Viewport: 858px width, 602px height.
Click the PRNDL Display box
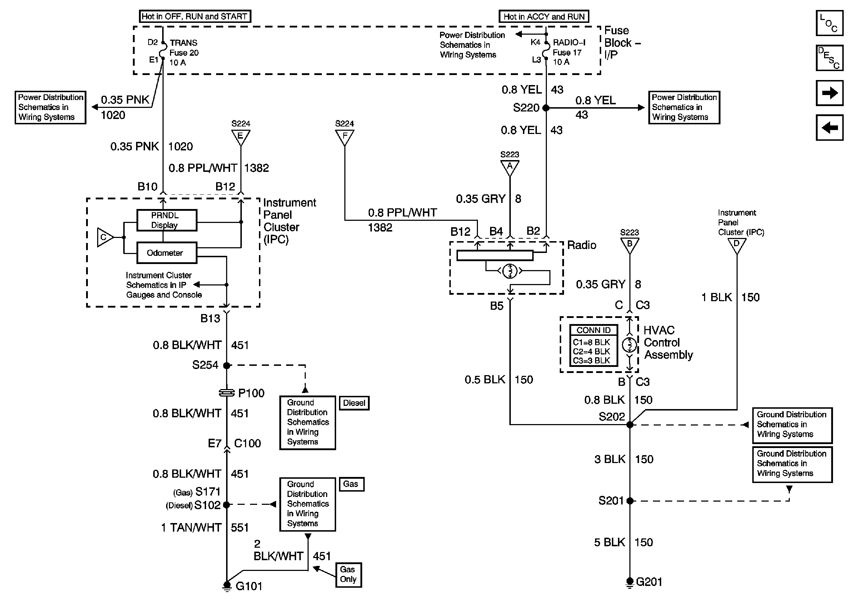pyautogui.click(x=167, y=220)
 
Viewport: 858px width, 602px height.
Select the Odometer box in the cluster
pyautogui.click(x=167, y=253)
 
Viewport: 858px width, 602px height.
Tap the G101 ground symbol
pyautogui.click(x=226, y=586)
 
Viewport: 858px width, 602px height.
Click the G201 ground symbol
pyautogui.click(x=630, y=582)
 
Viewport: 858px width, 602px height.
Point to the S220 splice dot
pyautogui.click(x=546, y=108)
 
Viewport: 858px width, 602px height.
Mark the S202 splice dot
pyautogui.click(x=630, y=424)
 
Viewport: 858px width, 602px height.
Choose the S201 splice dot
pyautogui.click(x=630, y=501)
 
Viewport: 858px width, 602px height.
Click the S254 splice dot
pyautogui.click(x=226, y=365)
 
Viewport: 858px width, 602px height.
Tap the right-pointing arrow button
pyautogui.click(x=829, y=93)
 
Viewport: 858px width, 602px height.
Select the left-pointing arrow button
pyautogui.click(x=829, y=128)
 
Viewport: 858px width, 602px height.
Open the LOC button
pyautogui.click(x=829, y=23)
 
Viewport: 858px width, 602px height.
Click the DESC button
pyautogui.click(x=829, y=58)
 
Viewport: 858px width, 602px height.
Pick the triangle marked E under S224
pyautogui.click(x=241, y=137)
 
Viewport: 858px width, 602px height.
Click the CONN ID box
pyautogui.click(x=593, y=345)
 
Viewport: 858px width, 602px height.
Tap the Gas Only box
pyautogui.click(x=348, y=575)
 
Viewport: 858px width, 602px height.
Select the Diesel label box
pyautogui.click(x=354, y=403)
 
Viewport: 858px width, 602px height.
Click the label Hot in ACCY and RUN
pyautogui.click(x=544, y=16)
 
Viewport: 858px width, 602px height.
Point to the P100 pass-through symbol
pyautogui.click(x=226, y=393)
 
